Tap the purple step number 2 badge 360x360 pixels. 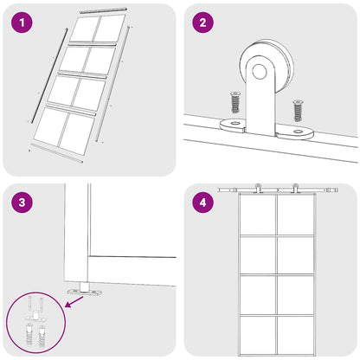coord(202,22)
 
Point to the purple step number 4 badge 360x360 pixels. coord(202,204)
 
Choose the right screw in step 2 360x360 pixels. coord(298,110)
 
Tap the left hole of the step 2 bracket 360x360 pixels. coord(231,123)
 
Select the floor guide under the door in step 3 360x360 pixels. coord(85,288)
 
